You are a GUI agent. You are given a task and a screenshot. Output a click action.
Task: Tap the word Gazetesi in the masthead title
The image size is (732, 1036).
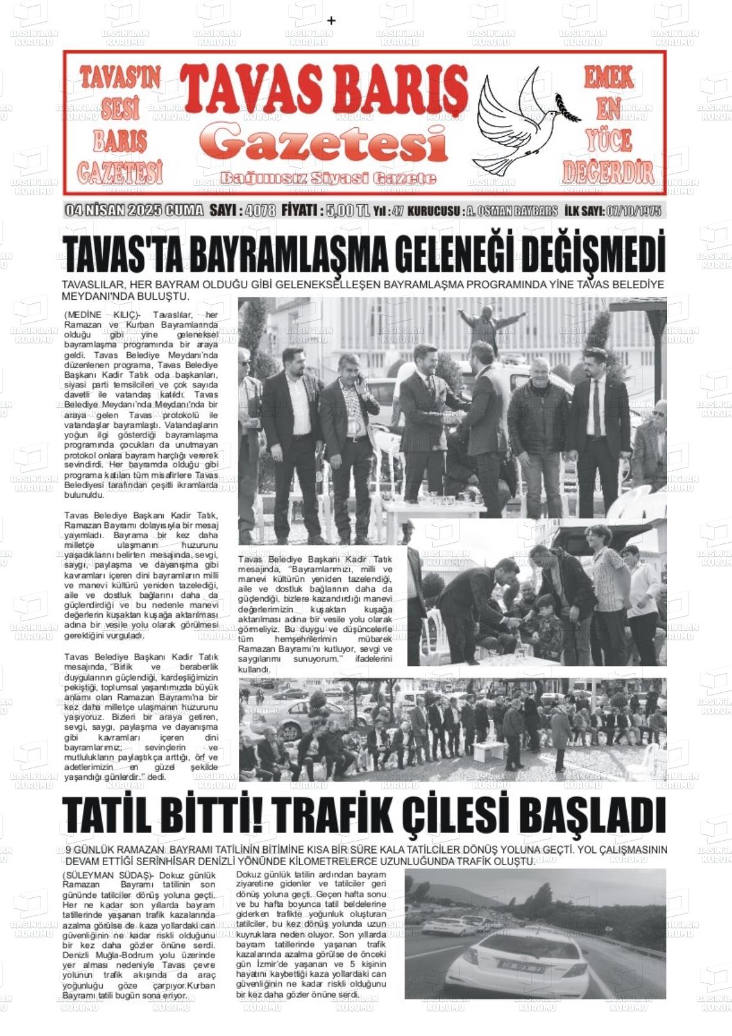tap(327, 144)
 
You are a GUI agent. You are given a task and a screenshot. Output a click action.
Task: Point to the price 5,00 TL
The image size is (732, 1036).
tap(347, 211)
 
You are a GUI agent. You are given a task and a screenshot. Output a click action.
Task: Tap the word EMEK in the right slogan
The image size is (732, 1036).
tap(608, 78)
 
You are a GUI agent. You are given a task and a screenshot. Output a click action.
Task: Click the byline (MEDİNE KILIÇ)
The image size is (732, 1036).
tap(102, 315)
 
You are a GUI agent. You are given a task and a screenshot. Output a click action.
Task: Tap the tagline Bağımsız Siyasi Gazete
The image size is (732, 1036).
tap(327, 178)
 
